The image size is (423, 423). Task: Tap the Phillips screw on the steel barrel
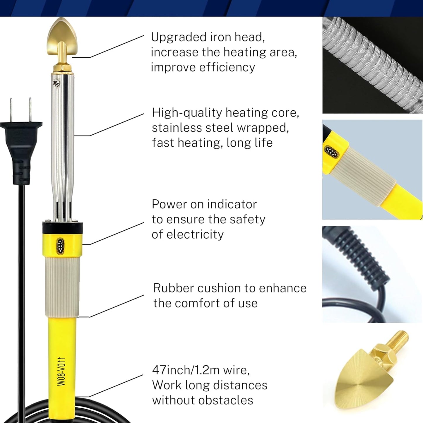(56, 83)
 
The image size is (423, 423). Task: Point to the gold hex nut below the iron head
(62, 68)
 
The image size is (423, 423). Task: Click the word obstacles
(226, 400)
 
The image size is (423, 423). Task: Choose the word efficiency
(227, 67)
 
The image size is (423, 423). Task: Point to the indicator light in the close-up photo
(331, 152)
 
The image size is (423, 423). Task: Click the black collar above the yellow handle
(63, 228)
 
